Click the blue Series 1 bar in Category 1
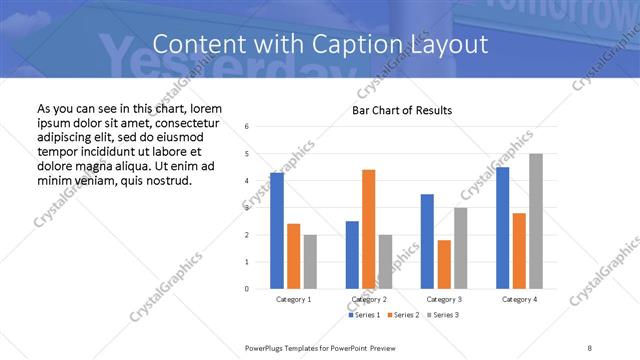pos(277,230)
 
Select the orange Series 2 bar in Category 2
pos(368,229)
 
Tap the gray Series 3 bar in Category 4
pos(536,221)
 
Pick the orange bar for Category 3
pos(444,264)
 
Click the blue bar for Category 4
pos(502,228)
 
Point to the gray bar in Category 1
pos(310,262)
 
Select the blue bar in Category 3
pos(427,241)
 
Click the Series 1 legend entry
pos(364,315)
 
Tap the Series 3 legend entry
pos(445,315)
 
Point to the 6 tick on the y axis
pos(247,126)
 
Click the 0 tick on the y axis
pos(247,289)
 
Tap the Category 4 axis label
pos(519,299)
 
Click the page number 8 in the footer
pos(589,347)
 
